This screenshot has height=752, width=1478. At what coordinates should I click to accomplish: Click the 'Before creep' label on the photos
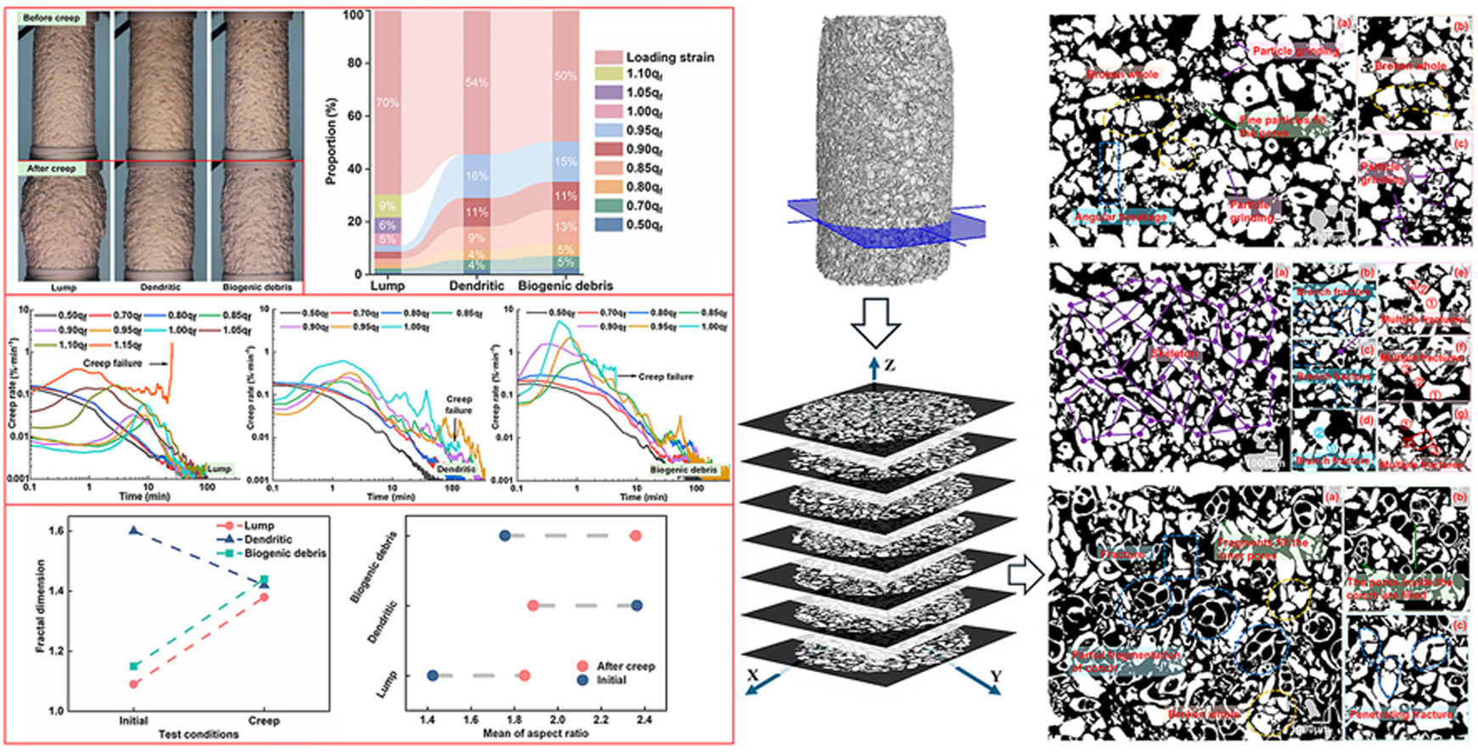52,18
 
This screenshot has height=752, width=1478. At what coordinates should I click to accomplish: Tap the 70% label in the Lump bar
388,103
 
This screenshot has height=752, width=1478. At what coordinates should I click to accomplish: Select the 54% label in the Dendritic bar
476,82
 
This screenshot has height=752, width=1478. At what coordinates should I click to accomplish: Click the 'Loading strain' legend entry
670,57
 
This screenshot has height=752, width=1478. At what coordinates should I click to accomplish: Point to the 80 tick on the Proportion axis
355,64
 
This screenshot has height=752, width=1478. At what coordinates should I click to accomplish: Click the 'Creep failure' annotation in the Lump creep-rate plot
113,363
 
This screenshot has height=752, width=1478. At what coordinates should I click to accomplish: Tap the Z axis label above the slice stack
889,366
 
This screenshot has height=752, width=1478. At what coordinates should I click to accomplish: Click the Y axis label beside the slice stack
995,676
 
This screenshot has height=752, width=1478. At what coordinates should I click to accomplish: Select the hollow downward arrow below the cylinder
874,323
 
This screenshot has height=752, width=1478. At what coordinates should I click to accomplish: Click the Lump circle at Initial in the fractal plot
134,683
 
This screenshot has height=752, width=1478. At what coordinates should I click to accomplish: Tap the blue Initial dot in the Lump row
433,676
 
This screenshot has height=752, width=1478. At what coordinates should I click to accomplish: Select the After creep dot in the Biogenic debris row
636,536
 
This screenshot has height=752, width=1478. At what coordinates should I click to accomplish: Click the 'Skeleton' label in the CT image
1173,353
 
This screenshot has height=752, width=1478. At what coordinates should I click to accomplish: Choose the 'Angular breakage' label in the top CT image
1121,216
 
